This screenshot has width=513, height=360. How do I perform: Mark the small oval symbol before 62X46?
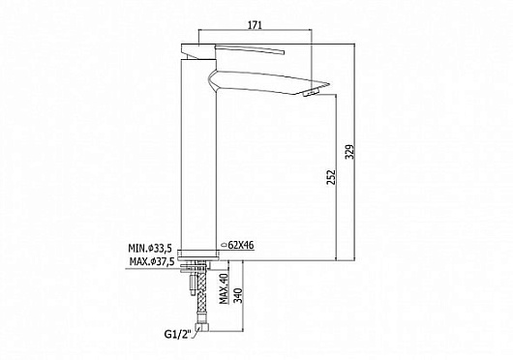click(x=226, y=247)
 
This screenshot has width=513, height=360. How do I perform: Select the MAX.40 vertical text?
click(x=224, y=287)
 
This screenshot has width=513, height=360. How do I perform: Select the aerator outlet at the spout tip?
click(x=311, y=92)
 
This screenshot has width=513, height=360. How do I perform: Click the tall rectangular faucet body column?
click(x=197, y=165)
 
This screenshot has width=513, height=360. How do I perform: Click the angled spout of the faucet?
click(x=271, y=77)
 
